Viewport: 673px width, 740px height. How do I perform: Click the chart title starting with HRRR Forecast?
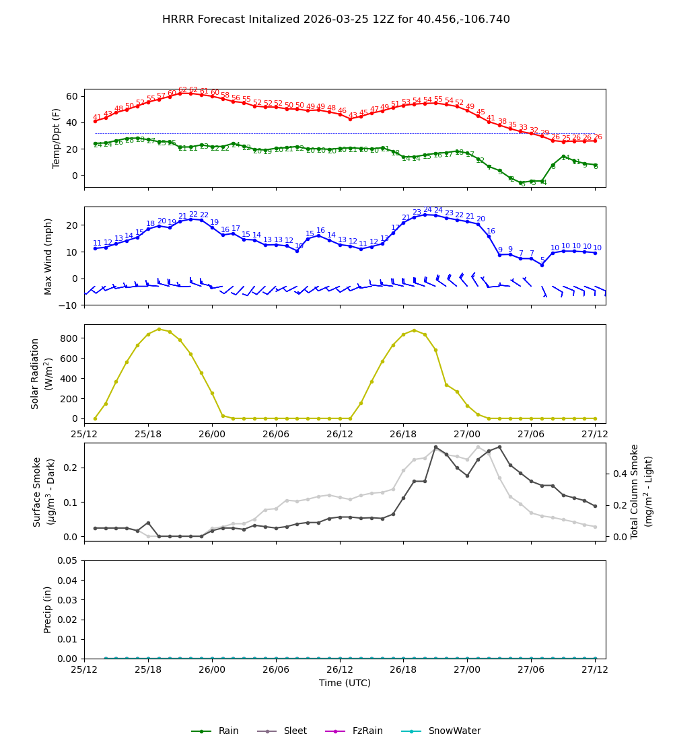tap(336, 20)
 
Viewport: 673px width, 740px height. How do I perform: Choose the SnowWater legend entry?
tap(454, 731)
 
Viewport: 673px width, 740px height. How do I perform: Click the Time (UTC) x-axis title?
tap(345, 683)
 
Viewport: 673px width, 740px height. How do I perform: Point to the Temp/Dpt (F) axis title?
tap(57, 138)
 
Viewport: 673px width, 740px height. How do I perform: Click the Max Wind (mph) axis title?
tap(48, 256)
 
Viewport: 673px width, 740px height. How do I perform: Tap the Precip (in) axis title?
tap(48, 609)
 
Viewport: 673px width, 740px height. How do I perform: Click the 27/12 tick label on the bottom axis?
tap(595, 671)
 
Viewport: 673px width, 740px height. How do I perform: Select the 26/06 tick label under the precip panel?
tap(276, 671)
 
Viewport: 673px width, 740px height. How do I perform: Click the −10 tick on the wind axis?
tap(68, 305)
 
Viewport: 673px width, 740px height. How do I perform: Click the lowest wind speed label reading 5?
tap(542, 260)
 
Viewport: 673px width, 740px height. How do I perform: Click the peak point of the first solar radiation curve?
tap(159, 329)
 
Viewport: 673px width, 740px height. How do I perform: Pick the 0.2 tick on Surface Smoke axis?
tap(71, 468)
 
